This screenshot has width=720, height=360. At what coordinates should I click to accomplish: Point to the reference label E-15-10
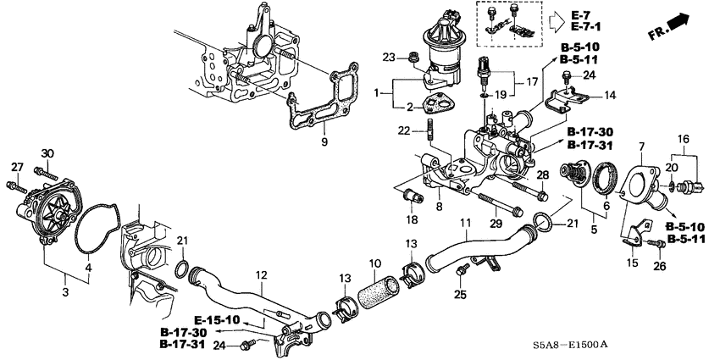coord(217,320)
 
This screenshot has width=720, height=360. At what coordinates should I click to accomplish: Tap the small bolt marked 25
coord(462,270)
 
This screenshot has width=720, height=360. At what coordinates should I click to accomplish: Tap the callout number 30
coord(47,152)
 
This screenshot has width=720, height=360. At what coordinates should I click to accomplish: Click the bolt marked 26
coord(655,245)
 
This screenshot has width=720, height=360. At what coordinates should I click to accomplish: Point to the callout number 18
coord(413,219)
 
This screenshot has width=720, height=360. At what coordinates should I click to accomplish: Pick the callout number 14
coord(609,95)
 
